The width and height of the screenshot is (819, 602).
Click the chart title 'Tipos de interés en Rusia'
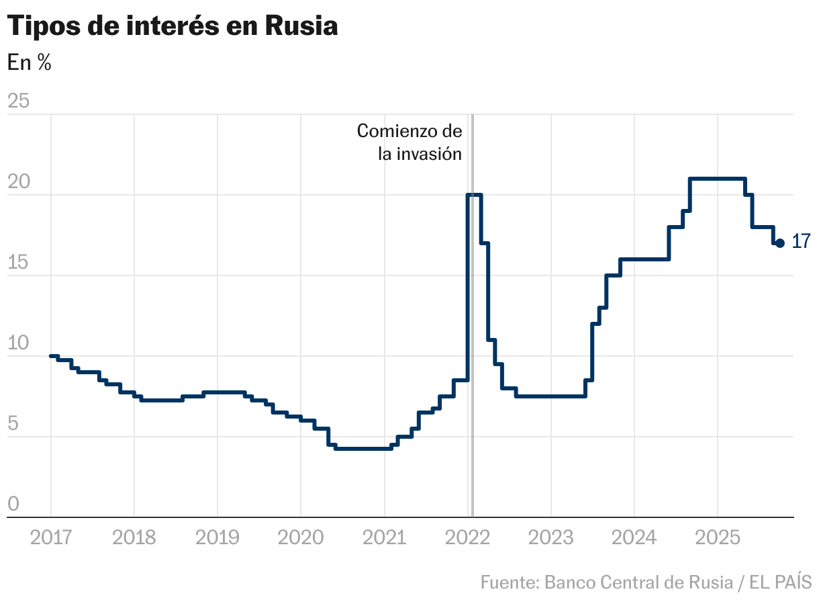coord(172,26)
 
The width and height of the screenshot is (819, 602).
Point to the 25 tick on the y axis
coord(18,101)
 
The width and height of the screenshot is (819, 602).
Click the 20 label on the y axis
coord(18,182)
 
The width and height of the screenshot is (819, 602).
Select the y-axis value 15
coord(18,263)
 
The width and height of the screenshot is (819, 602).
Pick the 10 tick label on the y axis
coord(18,343)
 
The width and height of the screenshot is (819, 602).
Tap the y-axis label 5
coord(13,424)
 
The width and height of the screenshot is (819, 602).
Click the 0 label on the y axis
coord(13,505)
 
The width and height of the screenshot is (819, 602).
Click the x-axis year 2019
coord(218,537)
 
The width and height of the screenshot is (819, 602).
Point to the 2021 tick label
coord(384,537)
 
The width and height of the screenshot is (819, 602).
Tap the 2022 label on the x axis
coord(467,537)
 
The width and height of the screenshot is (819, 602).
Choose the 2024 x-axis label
coord(634,537)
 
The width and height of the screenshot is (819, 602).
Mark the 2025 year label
coord(718,537)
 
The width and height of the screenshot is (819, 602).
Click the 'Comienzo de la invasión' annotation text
coord(409,142)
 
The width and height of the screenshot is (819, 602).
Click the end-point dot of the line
coord(780,243)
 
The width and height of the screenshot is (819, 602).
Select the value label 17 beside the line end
coord(801,242)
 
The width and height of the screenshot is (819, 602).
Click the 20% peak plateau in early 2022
coord(474,195)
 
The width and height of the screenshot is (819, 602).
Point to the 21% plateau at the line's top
coord(718,179)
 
